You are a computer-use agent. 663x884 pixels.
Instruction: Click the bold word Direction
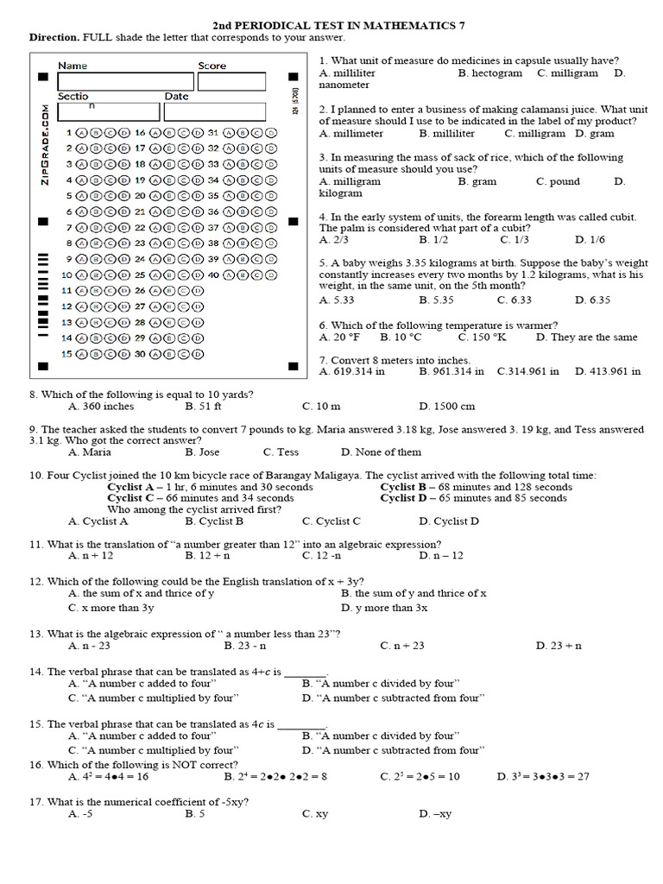pyautogui.click(x=55, y=38)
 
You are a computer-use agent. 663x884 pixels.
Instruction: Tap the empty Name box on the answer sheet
pyautogui.click(x=125, y=82)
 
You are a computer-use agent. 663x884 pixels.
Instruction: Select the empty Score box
pyautogui.click(x=230, y=82)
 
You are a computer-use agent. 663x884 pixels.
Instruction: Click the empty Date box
pyautogui.click(x=214, y=112)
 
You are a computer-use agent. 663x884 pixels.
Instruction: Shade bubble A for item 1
pyautogui.click(x=82, y=133)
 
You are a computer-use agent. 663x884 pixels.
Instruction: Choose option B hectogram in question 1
pyautogui.click(x=490, y=73)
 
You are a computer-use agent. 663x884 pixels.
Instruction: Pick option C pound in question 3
pyautogui.click(x=559, y=181)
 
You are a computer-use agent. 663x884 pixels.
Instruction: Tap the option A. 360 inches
pyautogui.click(x=101, y=406)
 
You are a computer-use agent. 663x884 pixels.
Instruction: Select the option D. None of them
pyautogui.click(x=382, y=451)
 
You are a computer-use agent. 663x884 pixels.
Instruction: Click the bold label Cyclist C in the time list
pyautogui.click(x=131, y=498)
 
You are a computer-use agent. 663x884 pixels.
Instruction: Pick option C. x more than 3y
pyautogui.click(x=111, y=608)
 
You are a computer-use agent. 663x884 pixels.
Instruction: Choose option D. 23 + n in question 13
pyautogui.click(x=559, y=645)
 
